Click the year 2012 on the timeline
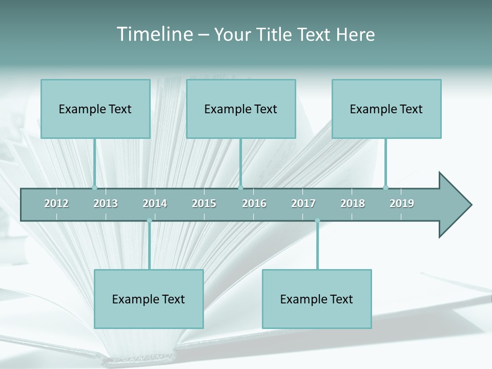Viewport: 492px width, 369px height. (56, 203)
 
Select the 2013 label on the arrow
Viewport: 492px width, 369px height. (106, 203)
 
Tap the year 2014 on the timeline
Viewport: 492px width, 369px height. (155, 203)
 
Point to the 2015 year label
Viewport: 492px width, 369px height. (204, 203)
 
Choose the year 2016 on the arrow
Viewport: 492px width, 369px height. (254, 203)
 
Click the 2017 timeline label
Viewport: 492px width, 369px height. (303, 203)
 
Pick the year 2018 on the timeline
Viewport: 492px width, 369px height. (353, 203)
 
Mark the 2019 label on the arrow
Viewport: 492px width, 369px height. (402, 203)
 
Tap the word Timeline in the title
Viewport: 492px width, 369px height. (154, 34)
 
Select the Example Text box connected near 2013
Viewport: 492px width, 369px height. (95, 109)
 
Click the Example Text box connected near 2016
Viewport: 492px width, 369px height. (241, 109)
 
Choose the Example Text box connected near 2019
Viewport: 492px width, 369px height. (386, 109)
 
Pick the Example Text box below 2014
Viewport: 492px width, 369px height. (149, 299)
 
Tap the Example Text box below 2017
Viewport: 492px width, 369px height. (317, 299)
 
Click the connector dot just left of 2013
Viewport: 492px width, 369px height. (94, 188)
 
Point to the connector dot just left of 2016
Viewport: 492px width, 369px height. (241, 188)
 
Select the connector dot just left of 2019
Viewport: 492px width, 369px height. (386, 188)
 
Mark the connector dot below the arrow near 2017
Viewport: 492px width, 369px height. (317, 221)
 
